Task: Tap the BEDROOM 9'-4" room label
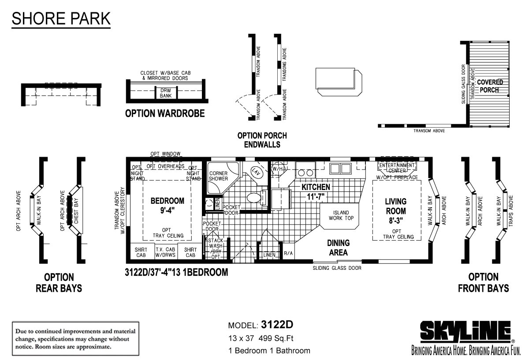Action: coord(167,205)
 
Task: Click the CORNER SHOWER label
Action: coord(218,176)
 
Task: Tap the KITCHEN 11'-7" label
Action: coord(316,191)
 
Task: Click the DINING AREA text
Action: coord(338,247)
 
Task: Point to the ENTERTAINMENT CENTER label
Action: coord(397,168)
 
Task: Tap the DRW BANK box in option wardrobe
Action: coord(166,93)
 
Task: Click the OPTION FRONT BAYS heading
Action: coord(483,283)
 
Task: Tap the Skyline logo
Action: coord(466,331)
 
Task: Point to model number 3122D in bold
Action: coord(277,325)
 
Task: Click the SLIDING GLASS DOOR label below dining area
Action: coord(337,268)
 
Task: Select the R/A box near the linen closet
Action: coord(288,253)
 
